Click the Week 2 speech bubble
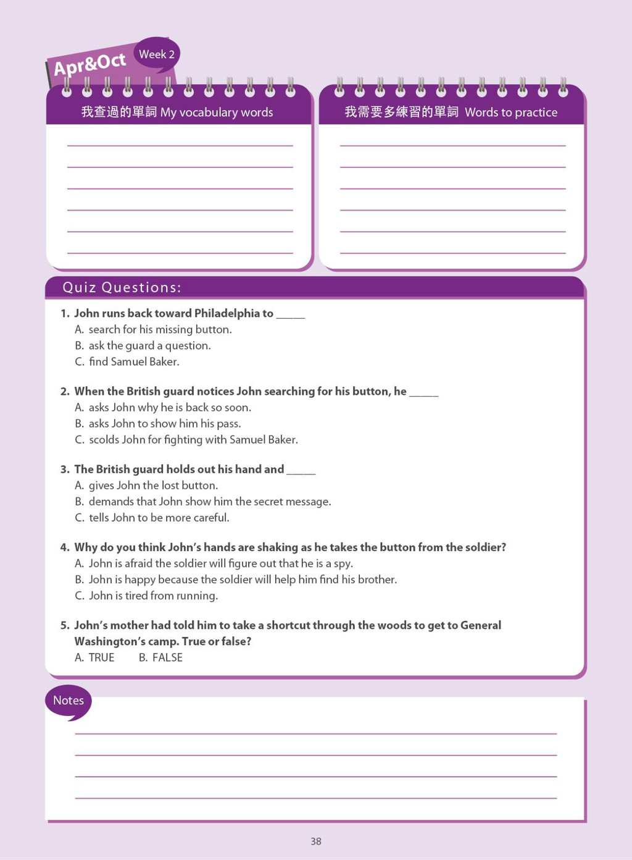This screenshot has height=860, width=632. (157, 54)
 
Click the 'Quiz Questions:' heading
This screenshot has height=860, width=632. (122, 288)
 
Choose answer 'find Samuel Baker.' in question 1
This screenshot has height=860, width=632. (133, 362)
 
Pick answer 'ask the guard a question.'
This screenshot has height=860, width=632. (149, 346)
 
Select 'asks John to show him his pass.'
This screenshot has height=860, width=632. (164, 424)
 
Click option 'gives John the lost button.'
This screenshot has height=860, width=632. (153, 486)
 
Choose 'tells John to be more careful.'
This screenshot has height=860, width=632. (159, 518)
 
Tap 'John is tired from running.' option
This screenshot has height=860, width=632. (153, 596)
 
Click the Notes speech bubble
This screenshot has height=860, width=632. (68, 701)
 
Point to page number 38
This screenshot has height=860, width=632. (316, 841)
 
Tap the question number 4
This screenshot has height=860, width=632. (65, 547)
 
